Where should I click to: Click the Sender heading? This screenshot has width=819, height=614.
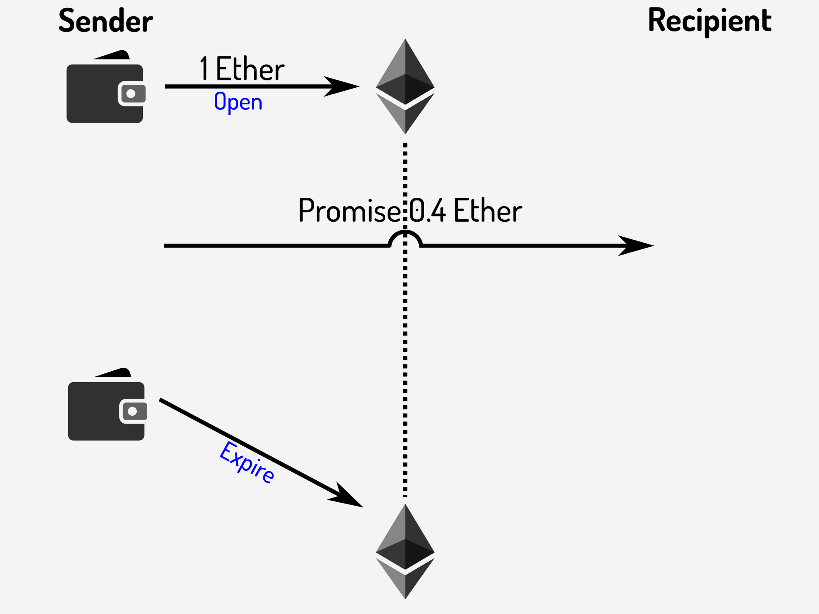pos(106,21)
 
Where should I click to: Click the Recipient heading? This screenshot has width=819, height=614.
pos(709,21)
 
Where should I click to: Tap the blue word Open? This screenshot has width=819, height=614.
pos(238,102)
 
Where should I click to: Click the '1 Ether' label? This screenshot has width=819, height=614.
pos(242,69)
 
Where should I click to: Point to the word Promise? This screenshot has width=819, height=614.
pos(349,211)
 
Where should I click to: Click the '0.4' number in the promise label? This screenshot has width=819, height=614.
pos(428,211)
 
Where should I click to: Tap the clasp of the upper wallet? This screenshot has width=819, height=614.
pos(131,93)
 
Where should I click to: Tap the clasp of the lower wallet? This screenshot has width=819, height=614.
pos(133,411)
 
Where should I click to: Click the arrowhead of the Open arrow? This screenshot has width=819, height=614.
pos(343,86)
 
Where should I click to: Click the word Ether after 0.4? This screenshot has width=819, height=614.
pos(488,211)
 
